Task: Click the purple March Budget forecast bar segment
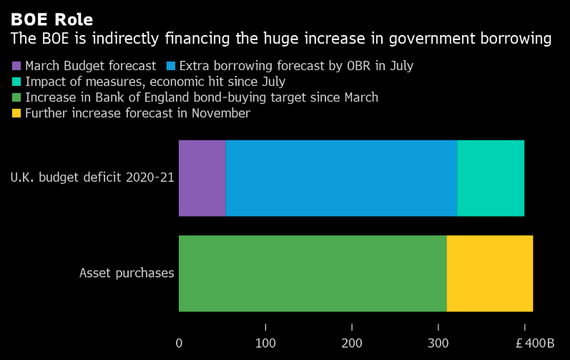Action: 202,178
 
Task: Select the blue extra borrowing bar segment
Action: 341,178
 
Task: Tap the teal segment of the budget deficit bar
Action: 491,178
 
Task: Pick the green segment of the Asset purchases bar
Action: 313,273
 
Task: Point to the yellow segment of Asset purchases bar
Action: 490,273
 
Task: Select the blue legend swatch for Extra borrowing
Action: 171,66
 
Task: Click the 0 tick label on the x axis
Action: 179,343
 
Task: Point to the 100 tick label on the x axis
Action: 265,343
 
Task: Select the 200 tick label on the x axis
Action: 352,343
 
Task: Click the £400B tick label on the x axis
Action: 535,343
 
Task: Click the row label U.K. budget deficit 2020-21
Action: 92,178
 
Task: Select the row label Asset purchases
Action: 127,273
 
